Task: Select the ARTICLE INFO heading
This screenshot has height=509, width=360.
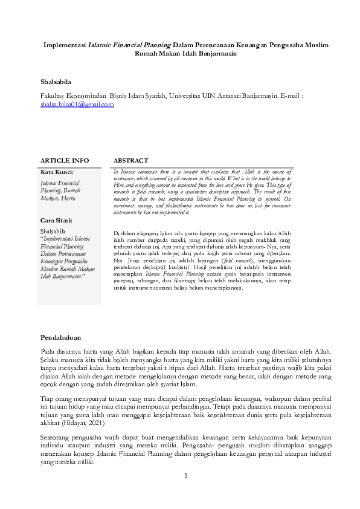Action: pos(64,160)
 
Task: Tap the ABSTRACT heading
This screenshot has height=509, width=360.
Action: pos(130,160)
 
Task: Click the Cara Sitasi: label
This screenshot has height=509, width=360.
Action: pos(56,220)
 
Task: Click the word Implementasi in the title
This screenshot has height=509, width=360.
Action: pos(65,45)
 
